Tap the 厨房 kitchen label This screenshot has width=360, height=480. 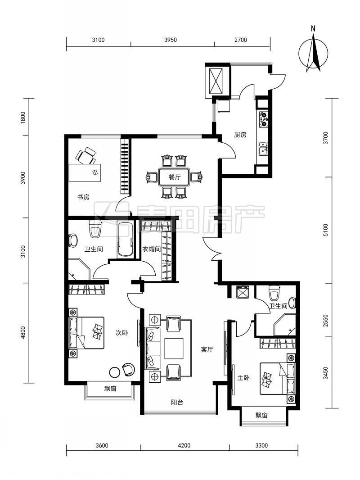(x=240, y=135)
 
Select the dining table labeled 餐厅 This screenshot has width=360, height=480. (x=174, y=177)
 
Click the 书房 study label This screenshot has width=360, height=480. (x=83, y=197)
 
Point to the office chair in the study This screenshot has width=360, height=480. (x=85, y=156)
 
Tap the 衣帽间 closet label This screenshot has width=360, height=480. (x=151, y=249)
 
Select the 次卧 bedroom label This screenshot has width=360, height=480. (x=121, y=333)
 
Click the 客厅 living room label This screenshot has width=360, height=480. (x=207, y=349)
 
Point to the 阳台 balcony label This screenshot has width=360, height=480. (x=177, y=402)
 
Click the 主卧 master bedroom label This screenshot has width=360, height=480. (x=243, y=378)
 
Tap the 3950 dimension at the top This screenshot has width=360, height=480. (x=171, y=40)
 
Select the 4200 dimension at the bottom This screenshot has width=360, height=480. (x=184, y=445)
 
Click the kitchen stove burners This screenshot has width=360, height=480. (x=264, y=119)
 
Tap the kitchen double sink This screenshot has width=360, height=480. (x=263, y=149)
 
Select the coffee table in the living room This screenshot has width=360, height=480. (x=174, y=348)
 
